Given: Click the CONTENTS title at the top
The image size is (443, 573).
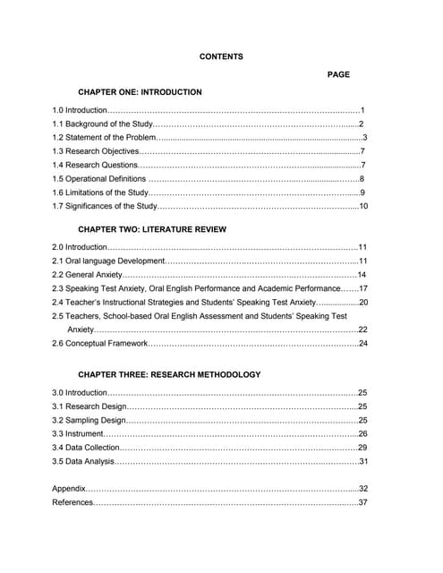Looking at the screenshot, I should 220,56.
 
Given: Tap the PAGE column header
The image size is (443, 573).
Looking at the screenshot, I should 338,74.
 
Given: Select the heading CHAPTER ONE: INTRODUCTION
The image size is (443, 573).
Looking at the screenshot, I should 140,92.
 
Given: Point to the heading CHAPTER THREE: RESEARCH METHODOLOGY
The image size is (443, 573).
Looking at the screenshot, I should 169,374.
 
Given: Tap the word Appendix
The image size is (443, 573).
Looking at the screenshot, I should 69,489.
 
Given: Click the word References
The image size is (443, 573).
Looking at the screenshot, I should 72,502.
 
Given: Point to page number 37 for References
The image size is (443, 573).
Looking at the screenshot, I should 363,502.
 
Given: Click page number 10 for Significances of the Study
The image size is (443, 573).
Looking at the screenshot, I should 363,207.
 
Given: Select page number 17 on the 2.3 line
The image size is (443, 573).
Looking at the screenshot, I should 363,288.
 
